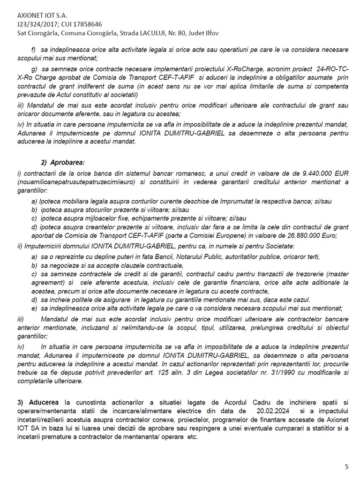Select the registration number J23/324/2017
pyautogui.click(x=36, y=24)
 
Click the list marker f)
pyautogui.click(x=33, y=49)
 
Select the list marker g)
pyautogui.click(x=34, y=70)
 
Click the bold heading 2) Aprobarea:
pyautogui.click(x=63, y=162)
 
